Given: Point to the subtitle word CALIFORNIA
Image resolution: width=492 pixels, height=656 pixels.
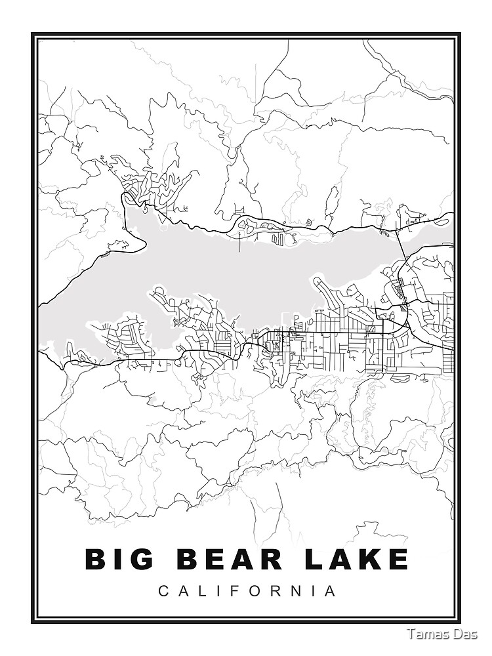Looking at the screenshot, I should pyautogui.click(x=247, y=591).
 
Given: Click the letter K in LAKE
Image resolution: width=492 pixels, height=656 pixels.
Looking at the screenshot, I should pyautogui.click(x=371, y=560).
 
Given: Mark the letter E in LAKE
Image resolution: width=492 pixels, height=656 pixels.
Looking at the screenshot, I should pyautogui.click(x=398, y=560).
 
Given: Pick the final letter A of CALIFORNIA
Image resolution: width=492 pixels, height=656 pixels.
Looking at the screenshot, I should pyautogui.click(x=332, y=591).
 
